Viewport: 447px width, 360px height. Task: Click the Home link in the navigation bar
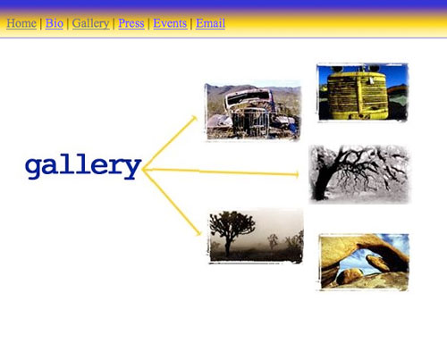tap(21, 23)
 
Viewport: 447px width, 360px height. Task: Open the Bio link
tap(55, 23)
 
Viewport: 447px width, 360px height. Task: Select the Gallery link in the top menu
tap(90, 23)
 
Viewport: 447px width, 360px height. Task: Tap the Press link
tap(131, 23)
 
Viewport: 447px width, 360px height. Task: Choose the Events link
tap(170, 23)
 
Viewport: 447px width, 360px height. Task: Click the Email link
tap(210, 23)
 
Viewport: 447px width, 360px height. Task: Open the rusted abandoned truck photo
tap(253, 111)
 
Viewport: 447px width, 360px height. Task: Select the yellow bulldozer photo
tap(362, 92)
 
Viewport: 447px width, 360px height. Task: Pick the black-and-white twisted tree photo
tap(359, 174)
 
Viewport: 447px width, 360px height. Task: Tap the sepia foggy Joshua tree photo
tap(256, 237)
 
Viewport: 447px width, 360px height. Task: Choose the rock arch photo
tap(364, 262)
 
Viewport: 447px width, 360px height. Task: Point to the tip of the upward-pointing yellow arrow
tap(196, 117)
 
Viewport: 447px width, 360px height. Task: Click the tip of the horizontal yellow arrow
tap(299, 175)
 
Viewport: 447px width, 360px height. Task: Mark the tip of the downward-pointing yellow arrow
tap(200, 235)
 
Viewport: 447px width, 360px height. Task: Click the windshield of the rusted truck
tap(248, 97)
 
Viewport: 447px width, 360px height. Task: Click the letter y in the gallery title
tap(132, 169)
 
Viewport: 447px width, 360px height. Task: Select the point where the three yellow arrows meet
tap(143, 170)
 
